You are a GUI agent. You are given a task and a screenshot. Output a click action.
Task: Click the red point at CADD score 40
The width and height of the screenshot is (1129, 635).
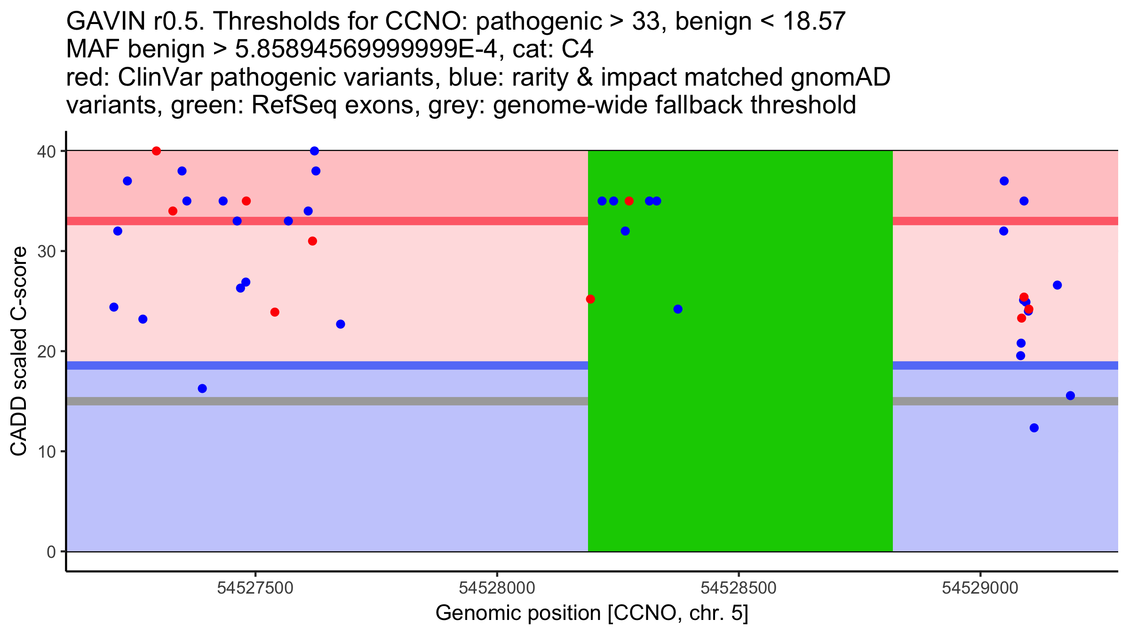click(157, 151)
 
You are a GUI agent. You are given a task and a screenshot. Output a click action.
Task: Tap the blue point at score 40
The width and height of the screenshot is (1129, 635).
click(315, 151)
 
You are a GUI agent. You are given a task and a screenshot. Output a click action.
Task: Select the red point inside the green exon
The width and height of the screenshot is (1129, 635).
click(629, 201)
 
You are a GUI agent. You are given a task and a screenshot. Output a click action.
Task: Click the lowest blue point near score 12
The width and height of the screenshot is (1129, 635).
click(1034, 428)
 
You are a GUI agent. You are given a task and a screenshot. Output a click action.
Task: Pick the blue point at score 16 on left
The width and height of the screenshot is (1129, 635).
click(202, 389)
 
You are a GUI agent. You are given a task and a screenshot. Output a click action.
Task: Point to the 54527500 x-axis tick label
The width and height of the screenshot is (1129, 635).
click(255, 588)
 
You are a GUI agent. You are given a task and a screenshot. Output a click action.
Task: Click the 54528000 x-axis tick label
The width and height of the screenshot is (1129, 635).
click(497, 588)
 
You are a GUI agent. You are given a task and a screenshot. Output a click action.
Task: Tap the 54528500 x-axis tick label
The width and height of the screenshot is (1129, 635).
click(739, 588)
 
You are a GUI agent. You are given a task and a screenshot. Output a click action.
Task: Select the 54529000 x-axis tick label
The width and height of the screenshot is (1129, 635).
click(980, 588)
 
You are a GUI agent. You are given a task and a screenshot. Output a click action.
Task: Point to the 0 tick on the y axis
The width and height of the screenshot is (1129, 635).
click(51, 552)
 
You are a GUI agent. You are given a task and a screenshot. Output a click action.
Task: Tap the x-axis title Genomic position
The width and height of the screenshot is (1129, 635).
click(592, 613)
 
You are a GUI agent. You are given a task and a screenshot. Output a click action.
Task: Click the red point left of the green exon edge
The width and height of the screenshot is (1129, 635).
click(590, 299)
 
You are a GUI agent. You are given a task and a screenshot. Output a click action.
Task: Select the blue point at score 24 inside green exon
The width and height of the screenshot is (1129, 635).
click(678, 309)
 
